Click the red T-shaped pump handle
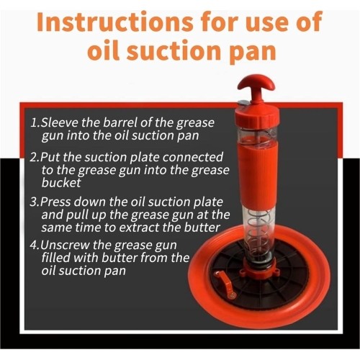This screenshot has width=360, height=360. [x=256, y=89]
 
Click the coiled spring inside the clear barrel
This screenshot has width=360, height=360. [x=257, y=231]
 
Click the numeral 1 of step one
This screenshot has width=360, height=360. [x=35, y=122]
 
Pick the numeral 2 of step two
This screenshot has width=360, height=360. [x=34, y=158]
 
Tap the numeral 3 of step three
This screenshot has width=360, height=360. [x=34, y=202]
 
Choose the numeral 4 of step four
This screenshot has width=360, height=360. [x=34, y=246]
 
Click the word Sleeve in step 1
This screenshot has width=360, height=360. [x=59, y=122]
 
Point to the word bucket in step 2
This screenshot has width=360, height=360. [x=61, y=183]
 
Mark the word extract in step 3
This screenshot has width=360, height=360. [x=139, y=228]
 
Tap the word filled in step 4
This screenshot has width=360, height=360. [x=56, y=258]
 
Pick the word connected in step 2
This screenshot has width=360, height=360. [x=193, y=157]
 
